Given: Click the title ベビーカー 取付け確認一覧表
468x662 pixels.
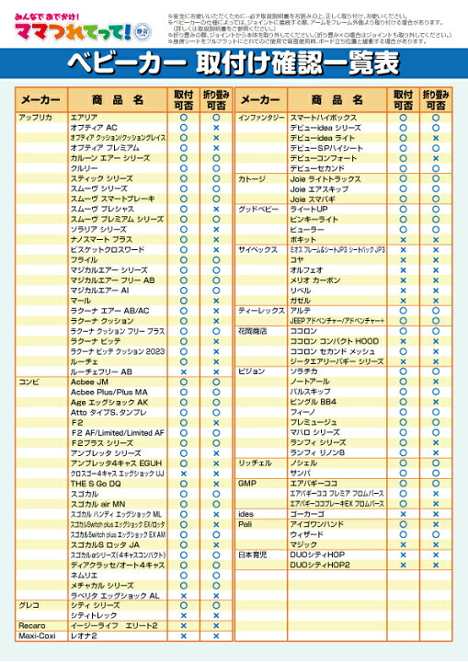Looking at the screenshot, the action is pyautogui.click(x=234, y=63).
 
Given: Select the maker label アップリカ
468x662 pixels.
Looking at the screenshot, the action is pyautogui.click(x=36, y=118).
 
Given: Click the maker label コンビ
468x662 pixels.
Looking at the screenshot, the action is pyautogui.click(x=29, y=381).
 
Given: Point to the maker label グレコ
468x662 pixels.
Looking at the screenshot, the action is pyautogui.click(x=30, y=605).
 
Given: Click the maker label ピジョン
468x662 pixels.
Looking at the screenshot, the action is pyautogui.click(x=252, y=371).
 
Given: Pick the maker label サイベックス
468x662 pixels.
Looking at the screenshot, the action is pyautogui.click(x=258, y=249).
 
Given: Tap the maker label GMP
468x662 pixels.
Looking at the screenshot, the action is pyautogui.click(x=246, y=482).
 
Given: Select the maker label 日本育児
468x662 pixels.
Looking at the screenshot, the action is pyautogui.click(x=254, y=554).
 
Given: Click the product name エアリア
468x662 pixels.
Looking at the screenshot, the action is pyautogui.click(x=84, y=118).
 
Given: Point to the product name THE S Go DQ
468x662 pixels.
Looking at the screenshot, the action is pyautogui.click(x=96, y=483).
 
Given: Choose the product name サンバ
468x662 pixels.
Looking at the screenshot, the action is pyautogui.click(x=303, y=472).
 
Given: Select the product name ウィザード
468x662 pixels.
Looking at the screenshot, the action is pyautogui.click(x=307, y=533).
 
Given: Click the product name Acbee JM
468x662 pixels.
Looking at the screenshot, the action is pyautogui.click(x=90, y=381).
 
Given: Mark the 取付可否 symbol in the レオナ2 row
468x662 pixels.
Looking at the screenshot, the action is pyautogui.click(x=183, y=635).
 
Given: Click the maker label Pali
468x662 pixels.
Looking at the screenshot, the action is pyautogui.click(x=245, y=523).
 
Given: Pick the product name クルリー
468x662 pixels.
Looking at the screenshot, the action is pyautogui.click(x=84, y=168).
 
